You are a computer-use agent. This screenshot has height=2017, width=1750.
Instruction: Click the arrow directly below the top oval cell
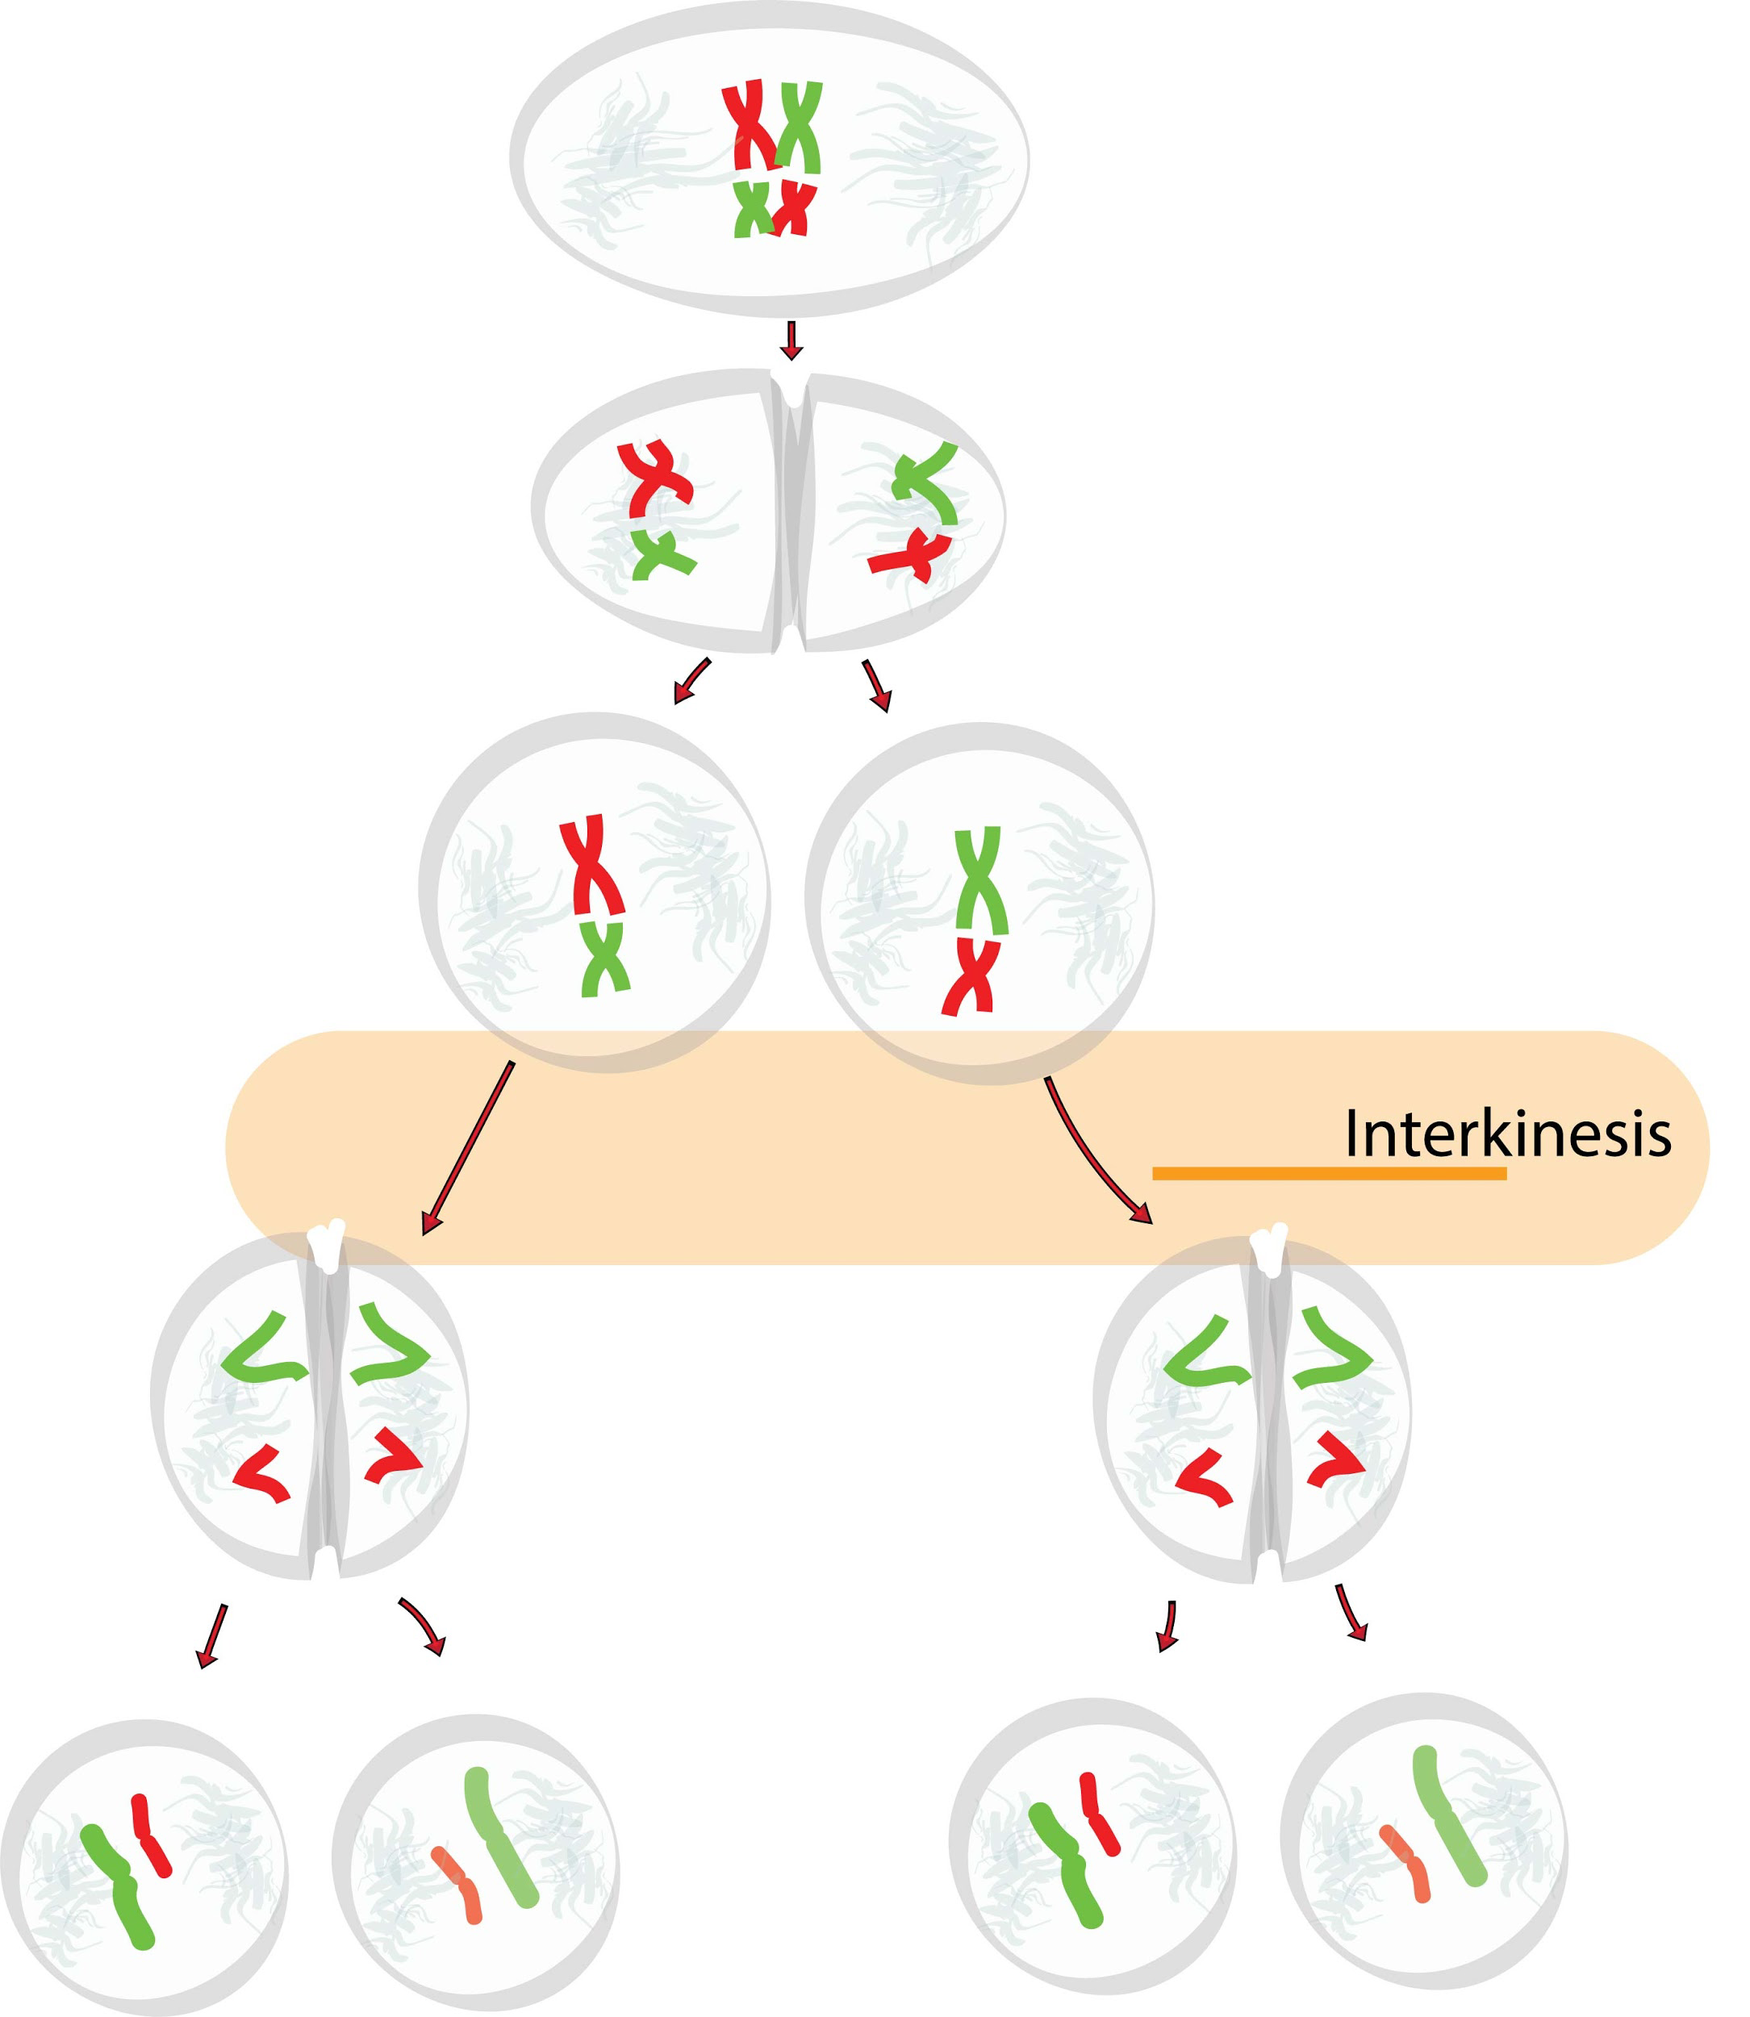pyautogui.click(x=792, y=340)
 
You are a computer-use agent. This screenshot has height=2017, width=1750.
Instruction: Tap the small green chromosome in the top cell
pyautogui.click(x=753, y=207)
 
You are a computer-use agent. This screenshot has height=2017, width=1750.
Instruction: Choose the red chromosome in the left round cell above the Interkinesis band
pyautogui.click(x=591, y=865)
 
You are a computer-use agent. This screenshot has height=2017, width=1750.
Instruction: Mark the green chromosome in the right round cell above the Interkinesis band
pyautogui.click(x=979, y=878)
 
